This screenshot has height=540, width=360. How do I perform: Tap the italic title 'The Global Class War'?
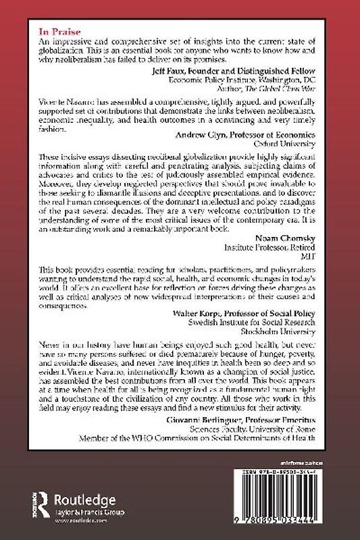282,86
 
